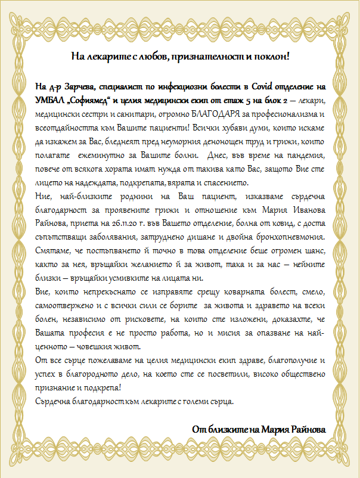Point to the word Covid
coord(260,86)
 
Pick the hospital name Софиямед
coord(100,100)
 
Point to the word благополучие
coord(287,361)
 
